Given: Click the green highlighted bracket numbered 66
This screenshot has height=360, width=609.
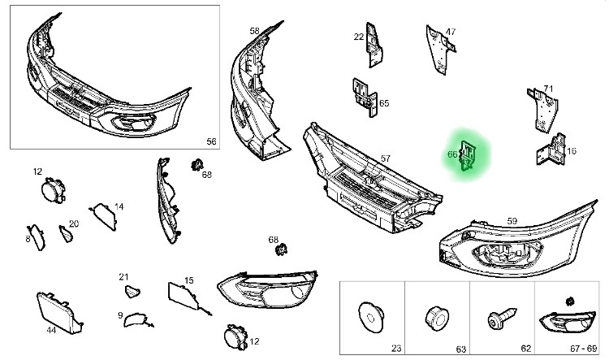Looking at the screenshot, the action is click(x=467, y=155).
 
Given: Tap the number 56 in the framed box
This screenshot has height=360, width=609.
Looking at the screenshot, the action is click(x=211, y=141).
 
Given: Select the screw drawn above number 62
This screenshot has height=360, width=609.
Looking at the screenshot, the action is click(x=502, y=318).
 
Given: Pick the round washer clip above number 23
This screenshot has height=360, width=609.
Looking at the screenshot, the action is click(x=371, y=317).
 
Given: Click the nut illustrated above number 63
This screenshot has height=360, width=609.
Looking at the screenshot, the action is click(x=437, y=319).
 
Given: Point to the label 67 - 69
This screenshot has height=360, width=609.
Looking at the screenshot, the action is click(x=583, y=349).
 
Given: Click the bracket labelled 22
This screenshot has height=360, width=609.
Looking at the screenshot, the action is click(x=374, y=45).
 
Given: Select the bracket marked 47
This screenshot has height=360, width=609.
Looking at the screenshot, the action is click(x=440, y=50).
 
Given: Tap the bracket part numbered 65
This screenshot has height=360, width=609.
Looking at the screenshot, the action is click(x=365, y=98).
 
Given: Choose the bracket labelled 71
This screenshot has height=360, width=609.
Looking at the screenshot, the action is click(x=543, y=111).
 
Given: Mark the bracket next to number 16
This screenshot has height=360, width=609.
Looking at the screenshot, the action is click(x=551, y=150).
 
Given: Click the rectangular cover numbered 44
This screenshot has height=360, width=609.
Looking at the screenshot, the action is click(x=59, y=313).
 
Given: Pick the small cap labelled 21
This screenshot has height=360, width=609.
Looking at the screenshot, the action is click(x=132, y=292).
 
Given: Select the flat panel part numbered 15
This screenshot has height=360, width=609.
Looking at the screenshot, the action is click(x=184, y=297).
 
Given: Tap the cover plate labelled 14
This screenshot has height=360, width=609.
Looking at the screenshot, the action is click(x=104, y=216).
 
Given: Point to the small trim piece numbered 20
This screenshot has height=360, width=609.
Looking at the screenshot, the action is click(x=66, y=234).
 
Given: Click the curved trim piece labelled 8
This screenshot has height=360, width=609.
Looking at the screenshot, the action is click(x=37, y=236).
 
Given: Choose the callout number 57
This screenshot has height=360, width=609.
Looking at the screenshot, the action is click(x=385, y=158).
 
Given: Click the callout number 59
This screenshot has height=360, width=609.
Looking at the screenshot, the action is click(x=512, y=221).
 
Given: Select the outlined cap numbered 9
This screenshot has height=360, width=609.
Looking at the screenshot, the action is click(x=136, y=319).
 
